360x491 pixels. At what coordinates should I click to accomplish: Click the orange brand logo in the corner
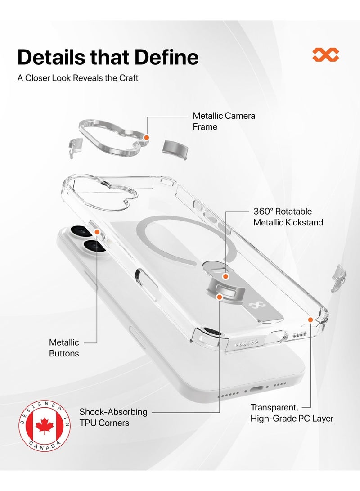[x=325, y=54]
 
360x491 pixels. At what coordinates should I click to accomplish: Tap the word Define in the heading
[x=166, y=57]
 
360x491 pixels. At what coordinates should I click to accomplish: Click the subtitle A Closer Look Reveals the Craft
[x=78, y=78]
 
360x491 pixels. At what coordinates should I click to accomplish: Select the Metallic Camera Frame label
[x=224, y=121]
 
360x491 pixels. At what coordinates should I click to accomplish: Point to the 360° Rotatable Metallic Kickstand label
[x=288, y=216]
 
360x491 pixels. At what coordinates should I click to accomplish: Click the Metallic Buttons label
[x=64, y=347]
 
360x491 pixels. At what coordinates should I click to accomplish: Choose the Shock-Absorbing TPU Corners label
[x=113, y=417]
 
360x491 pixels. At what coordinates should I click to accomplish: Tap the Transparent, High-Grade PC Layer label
[x=292, y=413]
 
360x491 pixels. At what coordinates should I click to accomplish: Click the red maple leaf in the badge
[x=45, y=426]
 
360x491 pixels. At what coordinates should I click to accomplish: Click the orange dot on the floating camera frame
[x=146, y=137]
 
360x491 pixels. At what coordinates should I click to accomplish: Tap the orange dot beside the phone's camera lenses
[x=97, y=232]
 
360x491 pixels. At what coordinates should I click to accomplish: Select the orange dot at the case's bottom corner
[x=310, y=320]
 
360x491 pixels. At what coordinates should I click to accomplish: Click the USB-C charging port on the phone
[x=256, y=389]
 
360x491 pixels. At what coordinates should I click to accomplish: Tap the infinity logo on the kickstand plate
[x=253, y=305]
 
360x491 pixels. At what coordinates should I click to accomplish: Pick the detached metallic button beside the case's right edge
[x=339, y=278]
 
